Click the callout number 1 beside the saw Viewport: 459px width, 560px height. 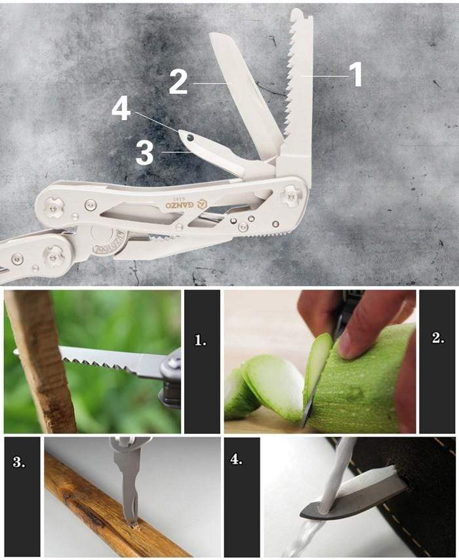(x=355, y=75)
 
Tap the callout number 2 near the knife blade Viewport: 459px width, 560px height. (x=178, y=82)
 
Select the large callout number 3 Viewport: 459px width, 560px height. (x=144, y=152)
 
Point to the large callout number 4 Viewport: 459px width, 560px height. (x=121, y=108)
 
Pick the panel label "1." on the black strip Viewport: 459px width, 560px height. (x=201, y=340)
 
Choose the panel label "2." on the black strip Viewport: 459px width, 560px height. (x=438, y=339)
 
